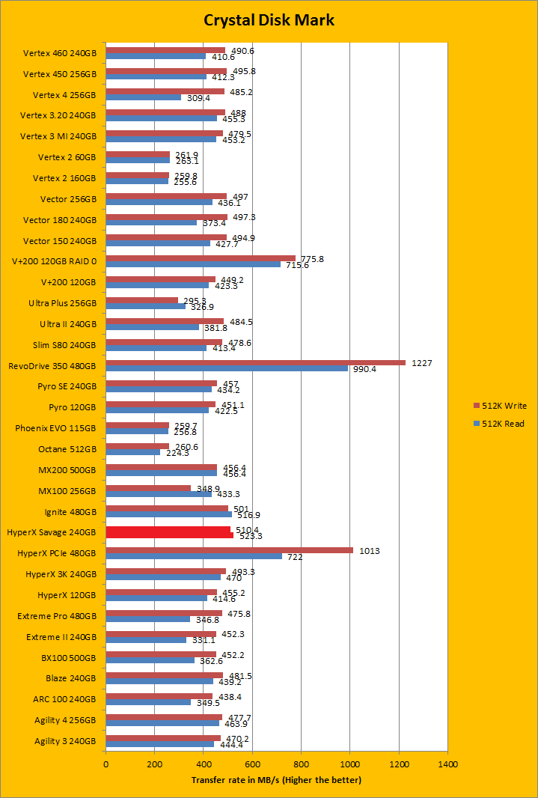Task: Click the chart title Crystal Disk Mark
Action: [269, 20]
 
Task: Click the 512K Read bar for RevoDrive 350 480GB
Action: [226, 368]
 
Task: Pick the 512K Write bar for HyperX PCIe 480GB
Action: [229, 550]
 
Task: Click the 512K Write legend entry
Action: [500, 406]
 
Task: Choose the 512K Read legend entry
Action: [500, 424]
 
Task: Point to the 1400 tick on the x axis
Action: [447, 765]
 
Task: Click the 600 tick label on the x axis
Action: [252, 765]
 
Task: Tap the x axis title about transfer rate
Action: [276, 780]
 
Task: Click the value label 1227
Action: [421, 363]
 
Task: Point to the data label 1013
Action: [369, 551]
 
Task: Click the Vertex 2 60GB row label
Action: [67, 157]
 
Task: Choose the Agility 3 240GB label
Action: [65, 741]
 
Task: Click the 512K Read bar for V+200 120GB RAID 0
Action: [193, 264]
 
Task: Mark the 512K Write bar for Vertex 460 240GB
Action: [165, 50]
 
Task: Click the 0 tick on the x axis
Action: [106, 765]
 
